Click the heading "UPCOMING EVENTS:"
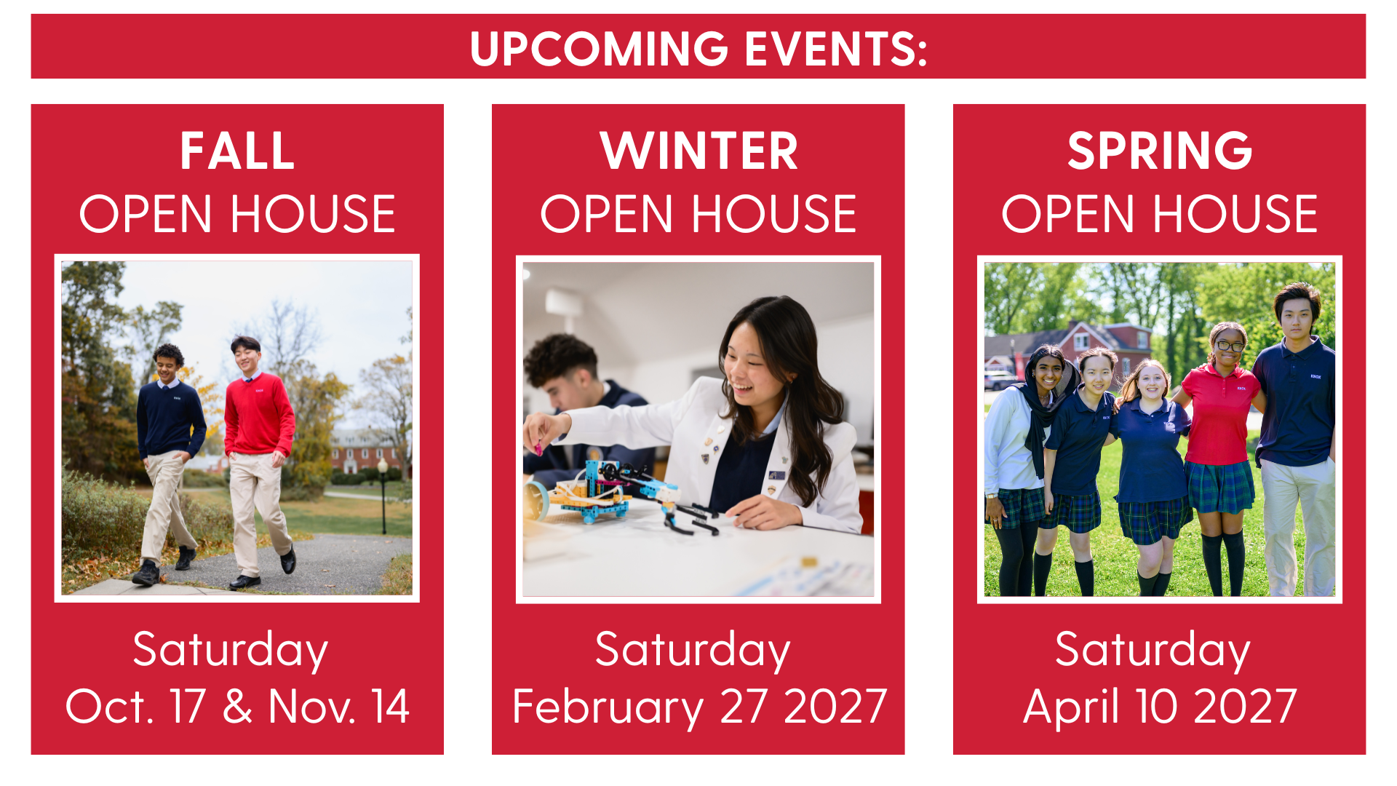(x=698, y=49)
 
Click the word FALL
(x=237, y=151)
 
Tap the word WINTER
(x=698, y=151)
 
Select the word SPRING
(x=1160, y=151)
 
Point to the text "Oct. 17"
(x=135, y=706)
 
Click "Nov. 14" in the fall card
(x=339, y=706)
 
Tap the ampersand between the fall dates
(x=237, y=706)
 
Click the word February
(x=608, y=707)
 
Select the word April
(x=1071, y=707)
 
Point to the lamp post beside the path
(x=383, y=495)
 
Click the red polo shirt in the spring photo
(x=1219, y=415)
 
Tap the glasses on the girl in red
(x=1229, y=346)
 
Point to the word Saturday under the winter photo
(x=693, y=650)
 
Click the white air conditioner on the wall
(x=564, y=302)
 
